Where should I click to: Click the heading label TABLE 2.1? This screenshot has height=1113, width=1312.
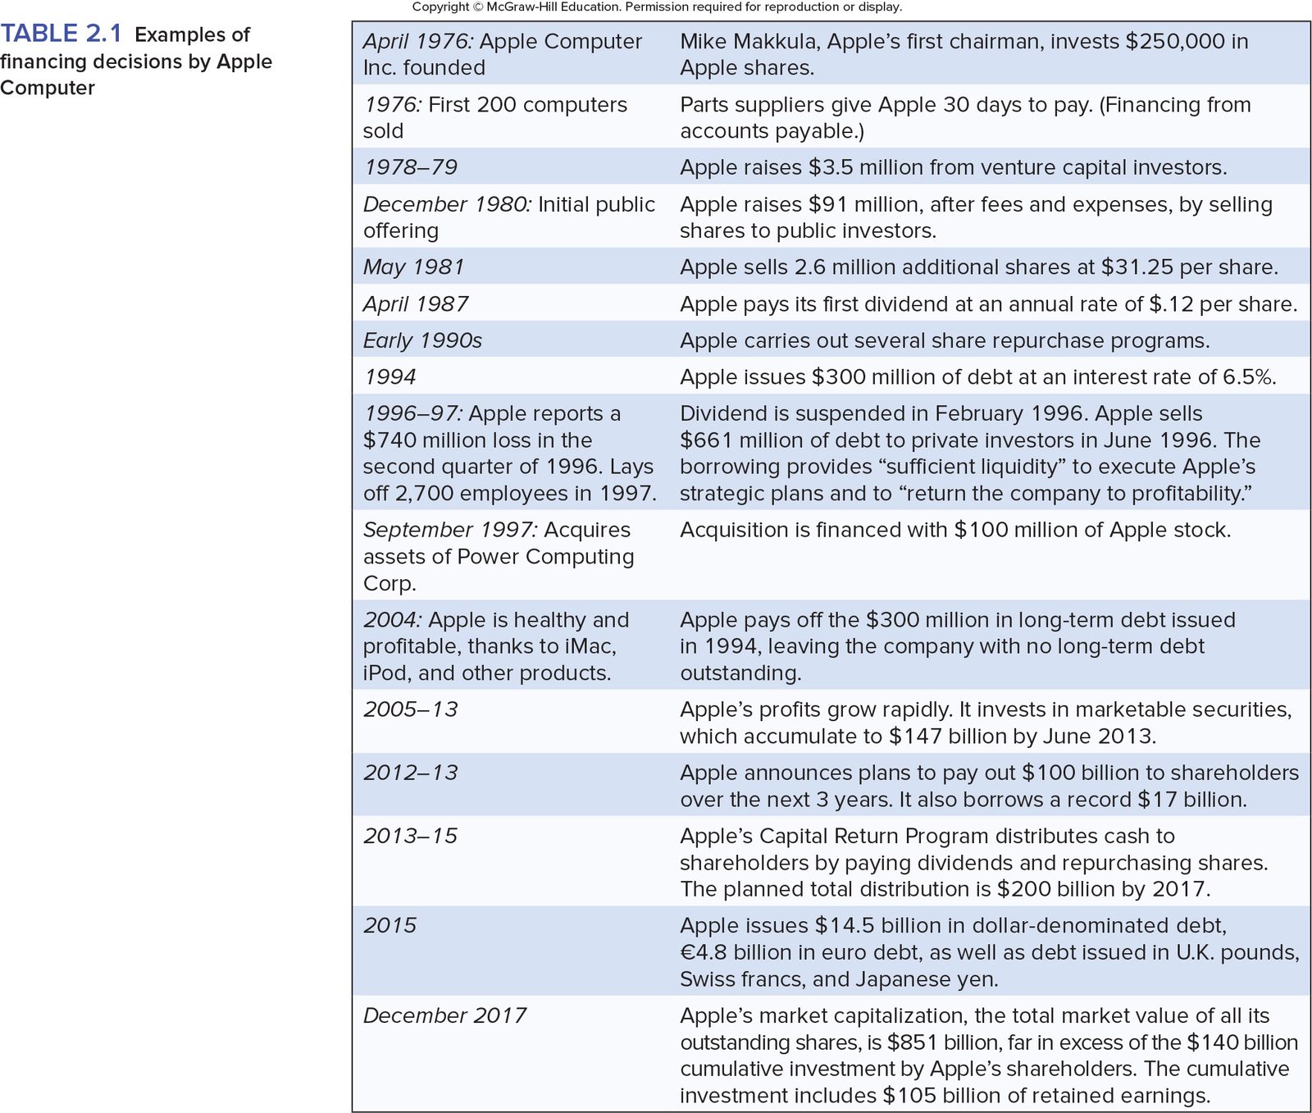coord(61,34)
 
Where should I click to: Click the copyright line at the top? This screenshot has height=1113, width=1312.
coord(656,7)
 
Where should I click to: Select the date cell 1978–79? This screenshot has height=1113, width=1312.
coord(411,167)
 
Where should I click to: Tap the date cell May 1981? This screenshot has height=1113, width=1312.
coord(414,267)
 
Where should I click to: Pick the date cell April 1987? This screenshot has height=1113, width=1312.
coord(416,304)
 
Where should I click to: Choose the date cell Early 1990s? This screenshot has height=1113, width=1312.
coord(422,340)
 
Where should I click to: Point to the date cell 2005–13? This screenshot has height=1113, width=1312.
coord(411,709)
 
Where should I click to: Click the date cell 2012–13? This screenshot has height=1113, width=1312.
coord(411,773)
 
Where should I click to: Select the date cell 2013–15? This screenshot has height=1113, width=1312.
coord(411,836)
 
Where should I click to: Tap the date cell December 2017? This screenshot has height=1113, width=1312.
coord(445,1015)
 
